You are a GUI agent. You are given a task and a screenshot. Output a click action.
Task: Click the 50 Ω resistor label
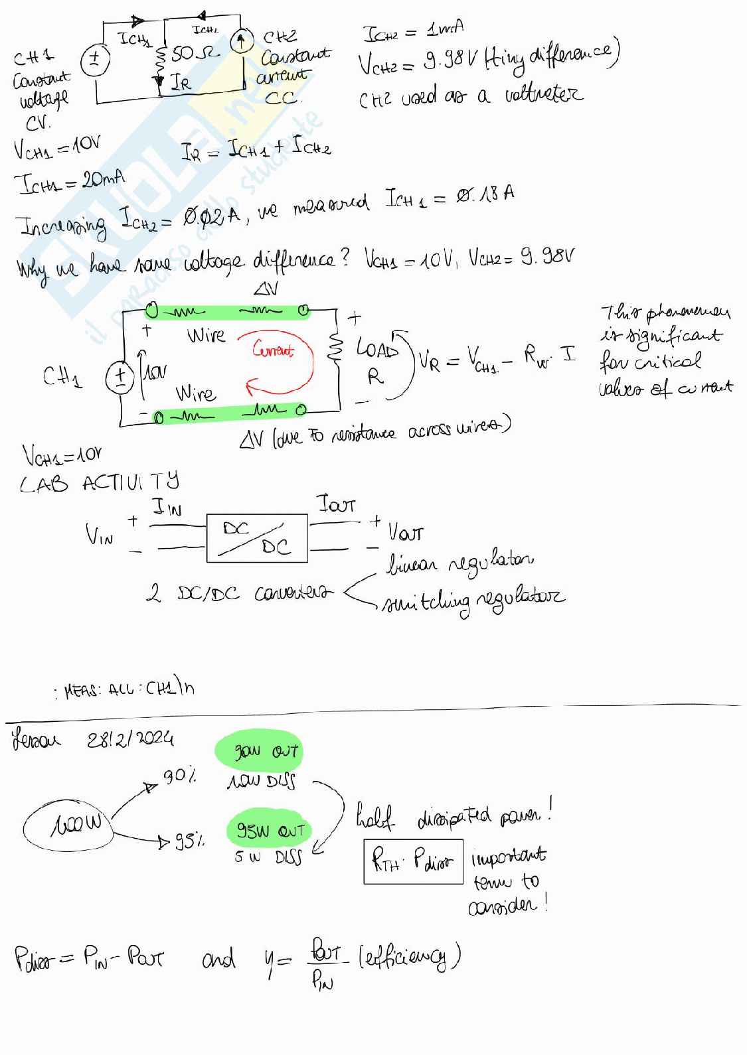[x=194, y=53]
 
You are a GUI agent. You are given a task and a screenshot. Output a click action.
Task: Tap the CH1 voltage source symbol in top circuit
[x=94, y=60]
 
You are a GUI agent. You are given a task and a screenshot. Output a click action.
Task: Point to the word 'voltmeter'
[x=544, y=95]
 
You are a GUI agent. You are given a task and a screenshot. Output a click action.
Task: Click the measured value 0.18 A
[x=485, y=195]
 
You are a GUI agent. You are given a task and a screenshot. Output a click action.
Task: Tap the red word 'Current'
[x=273, y=350]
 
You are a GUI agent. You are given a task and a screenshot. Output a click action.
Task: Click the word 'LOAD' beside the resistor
[x=377, y=348]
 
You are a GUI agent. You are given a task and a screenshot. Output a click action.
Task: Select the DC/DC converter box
[x=257, y=538]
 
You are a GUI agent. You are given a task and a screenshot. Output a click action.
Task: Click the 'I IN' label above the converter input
[x=167, y=509]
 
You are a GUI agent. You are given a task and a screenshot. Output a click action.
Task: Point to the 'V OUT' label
[x=405, y=532]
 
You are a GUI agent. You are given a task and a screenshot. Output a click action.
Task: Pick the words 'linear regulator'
[x=460, y=564]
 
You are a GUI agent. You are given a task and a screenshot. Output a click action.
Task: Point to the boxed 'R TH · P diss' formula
[x=412, y=862]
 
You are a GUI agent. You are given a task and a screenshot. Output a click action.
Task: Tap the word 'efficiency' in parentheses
[x=409, y=956]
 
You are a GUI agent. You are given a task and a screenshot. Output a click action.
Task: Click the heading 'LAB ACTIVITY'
[x=99, y=483]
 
